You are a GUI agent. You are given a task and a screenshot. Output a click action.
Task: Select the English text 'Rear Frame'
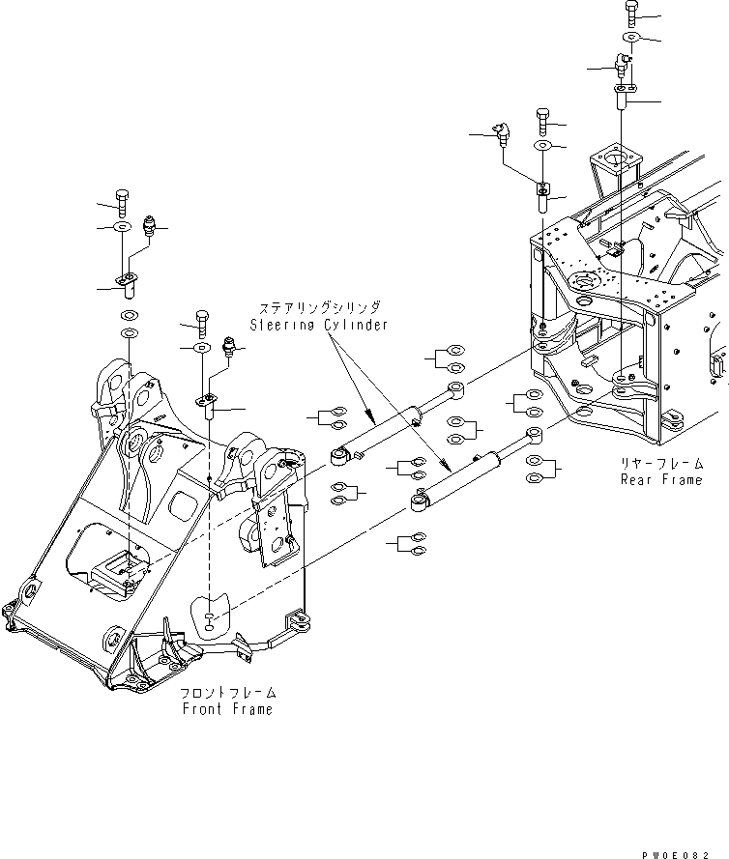pyautogui.click(x=660, y=479)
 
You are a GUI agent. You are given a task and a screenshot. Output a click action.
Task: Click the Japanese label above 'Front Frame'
pyautogui.click(x=227, y=694)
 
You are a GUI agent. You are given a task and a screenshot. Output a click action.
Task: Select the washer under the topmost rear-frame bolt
pyautogui.click(x=628, y=37)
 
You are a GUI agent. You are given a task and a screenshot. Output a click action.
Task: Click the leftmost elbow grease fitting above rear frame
pyautogui.click(x=501, y=132)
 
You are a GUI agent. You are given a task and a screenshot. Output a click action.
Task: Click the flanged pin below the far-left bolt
pyautogui.click(x=128, y=284)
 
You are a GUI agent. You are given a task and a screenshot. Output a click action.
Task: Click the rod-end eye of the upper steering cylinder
pyautogui.click(x=455, y=390)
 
